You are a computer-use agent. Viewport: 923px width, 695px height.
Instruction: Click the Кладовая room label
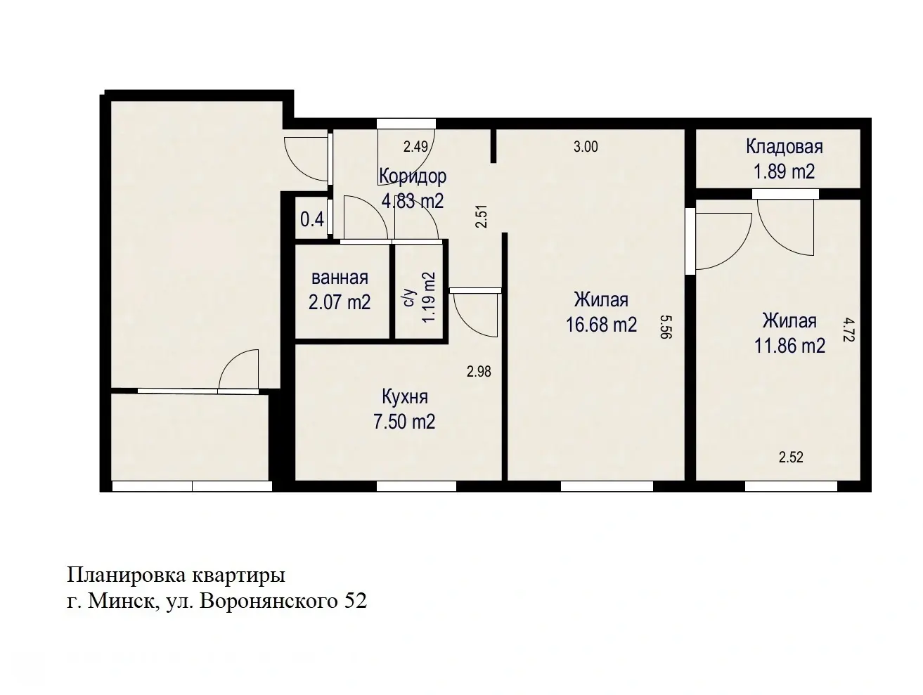coord(784,147)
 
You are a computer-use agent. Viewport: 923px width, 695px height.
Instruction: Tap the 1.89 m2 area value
coord(784,171)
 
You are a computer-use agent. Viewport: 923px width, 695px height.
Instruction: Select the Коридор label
coord(412,176)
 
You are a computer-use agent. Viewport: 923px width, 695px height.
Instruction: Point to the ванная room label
coord(340,278)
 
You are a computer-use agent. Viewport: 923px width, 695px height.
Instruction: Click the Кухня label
coord(404,397)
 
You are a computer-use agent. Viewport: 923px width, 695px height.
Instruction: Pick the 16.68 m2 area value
coord(601,324)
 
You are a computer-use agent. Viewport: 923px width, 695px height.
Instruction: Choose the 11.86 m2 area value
coord(789,345)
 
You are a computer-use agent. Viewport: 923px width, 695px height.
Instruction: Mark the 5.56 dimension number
coord(666,327)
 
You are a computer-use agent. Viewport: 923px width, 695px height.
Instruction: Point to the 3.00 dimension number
coord(586,147)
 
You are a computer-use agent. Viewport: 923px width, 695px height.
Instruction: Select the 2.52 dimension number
coord(791,457)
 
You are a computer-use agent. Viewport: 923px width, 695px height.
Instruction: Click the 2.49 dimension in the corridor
coord(415,147)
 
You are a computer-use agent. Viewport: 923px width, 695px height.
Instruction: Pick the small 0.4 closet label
coord(311,219)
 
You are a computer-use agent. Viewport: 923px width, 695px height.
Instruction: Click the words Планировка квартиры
coord(176,576)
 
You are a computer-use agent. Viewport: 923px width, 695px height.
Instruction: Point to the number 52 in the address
coord(355,602)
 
